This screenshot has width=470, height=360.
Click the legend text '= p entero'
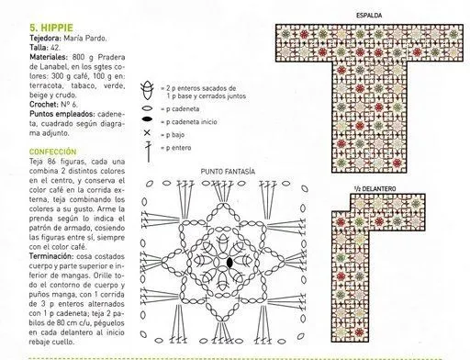point(177,147)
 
